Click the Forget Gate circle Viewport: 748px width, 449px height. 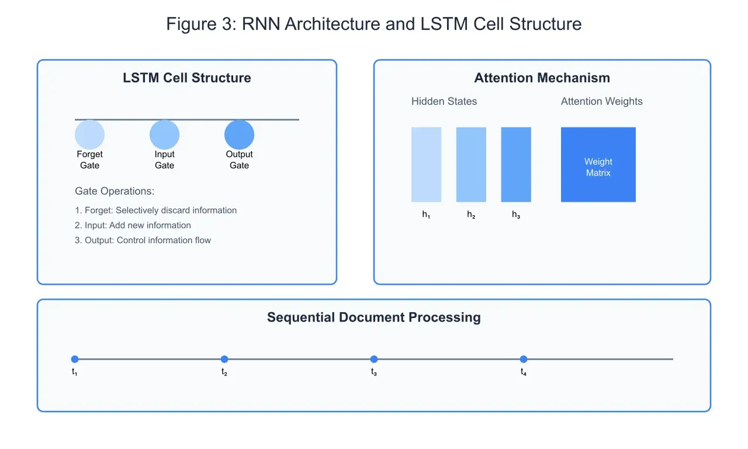pos(89,134)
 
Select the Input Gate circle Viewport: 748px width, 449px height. pos(164,134)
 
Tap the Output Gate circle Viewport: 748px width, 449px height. pos(239,134)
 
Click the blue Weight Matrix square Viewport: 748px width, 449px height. pos(598,164)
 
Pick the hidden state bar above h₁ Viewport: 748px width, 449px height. pos(426,164)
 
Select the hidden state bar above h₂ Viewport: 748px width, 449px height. pos(471,164)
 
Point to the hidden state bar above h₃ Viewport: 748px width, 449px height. pos(516,164)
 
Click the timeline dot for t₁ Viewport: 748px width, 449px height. pos(75,359)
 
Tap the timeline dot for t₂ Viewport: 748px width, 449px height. pos(224,359)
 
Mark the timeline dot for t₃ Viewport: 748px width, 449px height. pos(374,359)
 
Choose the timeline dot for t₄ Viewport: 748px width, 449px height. pos(524,359)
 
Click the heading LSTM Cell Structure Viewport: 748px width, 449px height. pos(187,78)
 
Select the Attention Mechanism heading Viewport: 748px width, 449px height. pos(542,78)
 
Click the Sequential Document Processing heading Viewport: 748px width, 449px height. pos(374,317)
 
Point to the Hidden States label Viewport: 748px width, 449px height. pos(444,101)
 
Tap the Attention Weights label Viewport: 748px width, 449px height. pos(601,101)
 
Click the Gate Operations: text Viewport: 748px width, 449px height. pos(115,191)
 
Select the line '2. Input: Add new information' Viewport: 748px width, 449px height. pos(133,225)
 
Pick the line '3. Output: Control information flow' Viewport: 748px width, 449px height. pos(143,240)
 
